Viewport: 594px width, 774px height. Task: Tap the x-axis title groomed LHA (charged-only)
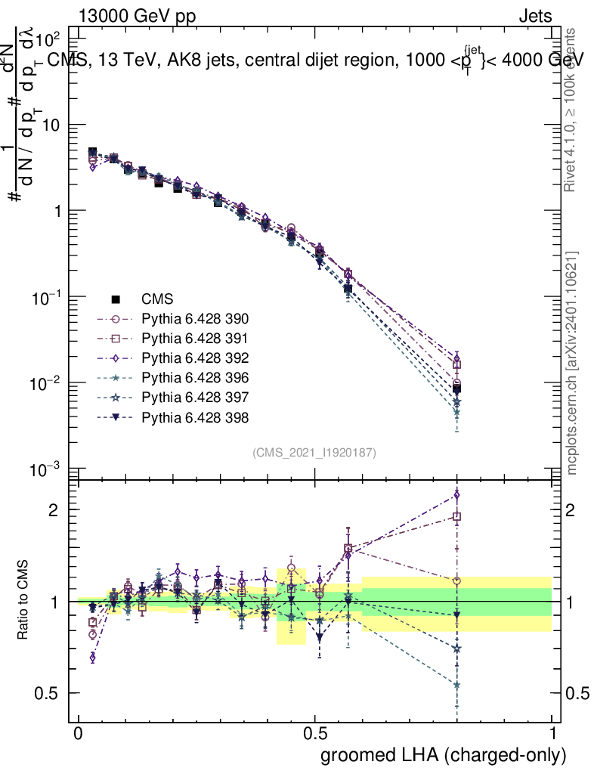click(x=444, y=755)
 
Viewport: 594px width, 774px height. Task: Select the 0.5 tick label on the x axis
click(x=315, y=734)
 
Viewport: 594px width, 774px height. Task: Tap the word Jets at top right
click(x=534, y=17)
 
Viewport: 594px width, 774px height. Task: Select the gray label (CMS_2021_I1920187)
click(x=314, y=452)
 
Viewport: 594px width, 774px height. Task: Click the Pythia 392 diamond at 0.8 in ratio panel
click(x=456, y=495)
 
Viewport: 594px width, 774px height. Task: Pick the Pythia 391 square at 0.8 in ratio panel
click(x=456, y=517)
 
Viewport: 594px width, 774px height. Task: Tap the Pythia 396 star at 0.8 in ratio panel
click(x=456, y=685)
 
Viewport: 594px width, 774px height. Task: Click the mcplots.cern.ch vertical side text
click(x=572, y=363)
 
